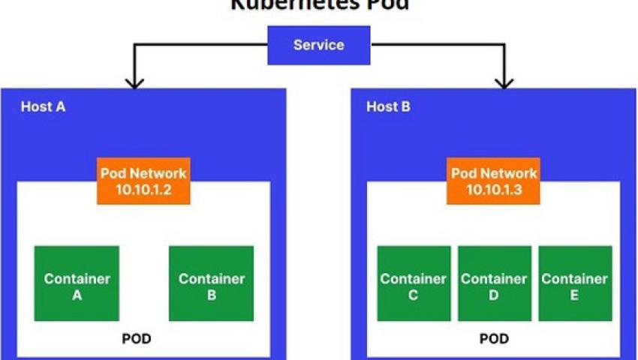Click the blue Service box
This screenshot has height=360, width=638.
coord(319,45)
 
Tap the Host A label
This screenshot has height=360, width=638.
coord(43,106)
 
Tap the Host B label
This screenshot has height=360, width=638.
coord(388,106)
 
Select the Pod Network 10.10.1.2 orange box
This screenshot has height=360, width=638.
coord(144,181)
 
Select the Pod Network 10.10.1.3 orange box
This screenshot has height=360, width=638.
coord(494,181)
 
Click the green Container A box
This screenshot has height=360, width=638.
coord(77,283)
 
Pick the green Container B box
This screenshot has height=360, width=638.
coord(211,283)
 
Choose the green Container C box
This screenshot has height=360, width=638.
coord(413,283)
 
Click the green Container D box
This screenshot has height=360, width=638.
coord(494,283)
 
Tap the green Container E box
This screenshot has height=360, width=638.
coord(574,283)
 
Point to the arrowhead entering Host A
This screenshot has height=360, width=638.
coord(134,82)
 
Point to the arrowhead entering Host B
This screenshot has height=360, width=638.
coord(503,82)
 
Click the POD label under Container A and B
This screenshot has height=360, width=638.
coord(137,338)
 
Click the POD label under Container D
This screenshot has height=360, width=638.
coord(493,338)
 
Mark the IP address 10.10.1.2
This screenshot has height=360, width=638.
coord(144,190)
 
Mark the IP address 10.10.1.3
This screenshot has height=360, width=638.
coord(494,190)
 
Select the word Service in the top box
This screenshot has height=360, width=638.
coord(319,45)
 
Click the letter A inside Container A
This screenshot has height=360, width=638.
coord(77,295)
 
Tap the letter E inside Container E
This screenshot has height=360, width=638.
coord(574,295)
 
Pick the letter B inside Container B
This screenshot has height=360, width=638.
coord(211,295)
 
